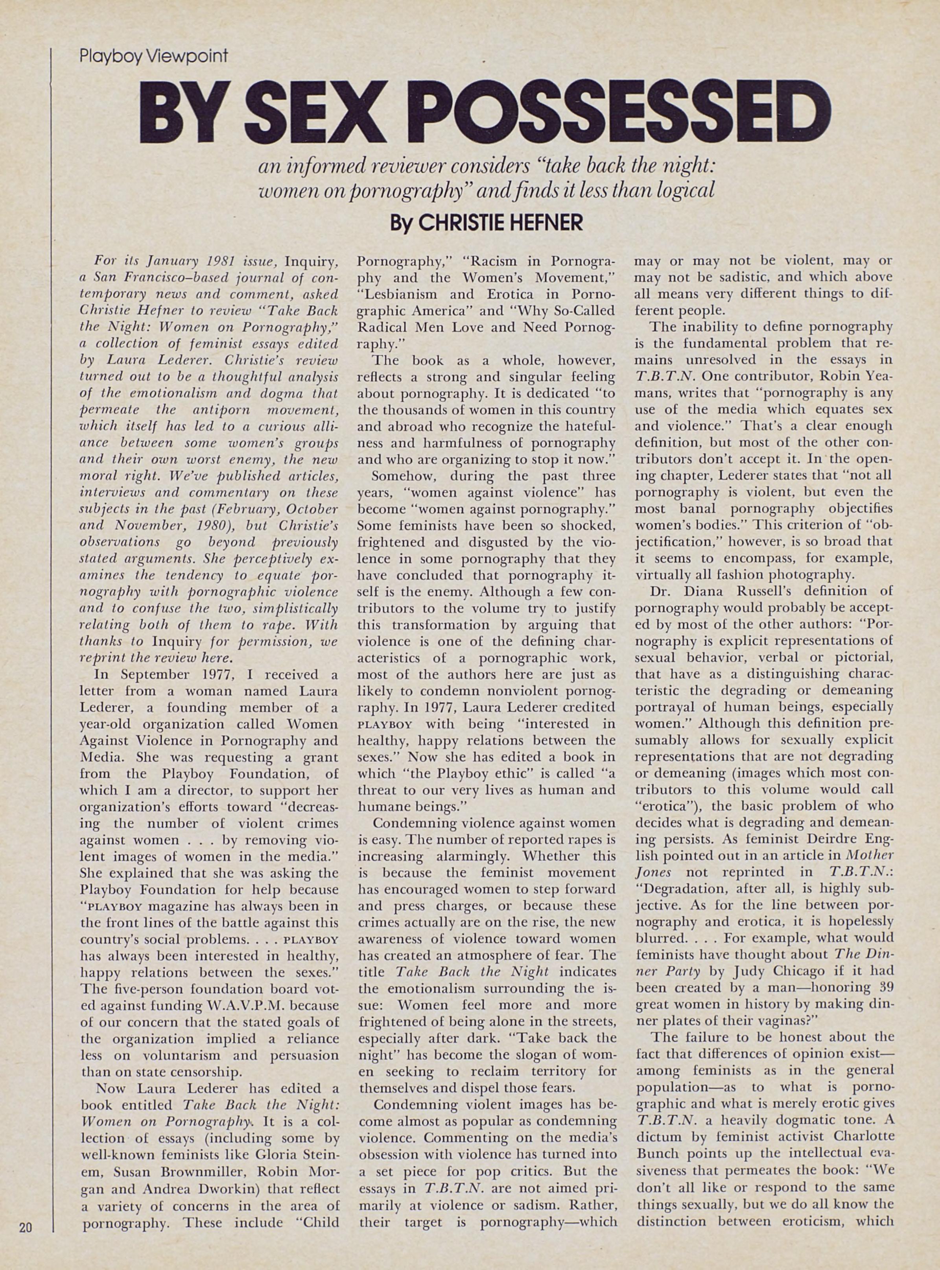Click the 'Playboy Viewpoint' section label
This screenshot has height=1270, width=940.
pyautogui.click(x=154, y=56)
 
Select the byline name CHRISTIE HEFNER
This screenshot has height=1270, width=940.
pyautogui.click(x=501, y=223)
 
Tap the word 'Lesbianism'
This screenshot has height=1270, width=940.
pyautogui.click(x=398, y=295)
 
